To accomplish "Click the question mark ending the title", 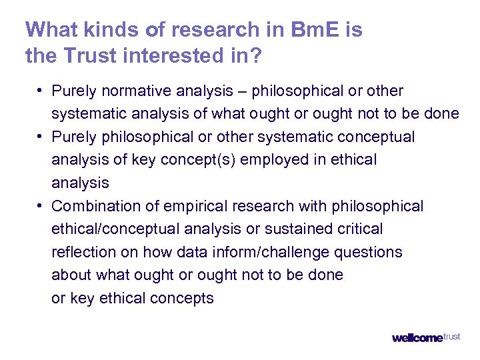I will pos(257,56).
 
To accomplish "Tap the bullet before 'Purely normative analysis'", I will pos(41,91).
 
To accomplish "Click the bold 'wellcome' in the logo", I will pos(417,338).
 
